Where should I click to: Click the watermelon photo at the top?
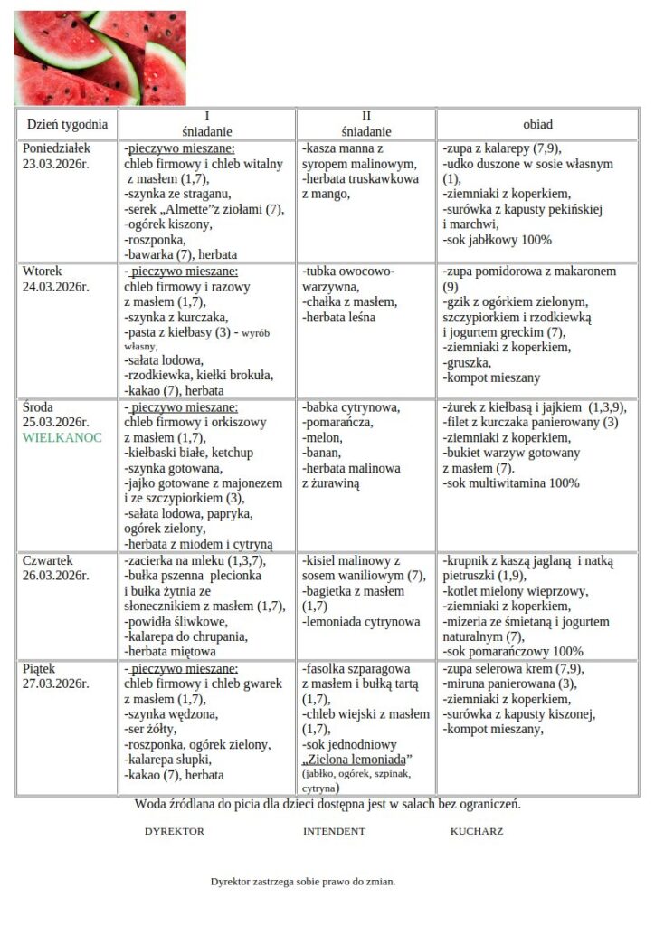[x=100, y=57]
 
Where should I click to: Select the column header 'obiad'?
[x=537, y=124]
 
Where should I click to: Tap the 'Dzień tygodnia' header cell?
[x=67, y=124]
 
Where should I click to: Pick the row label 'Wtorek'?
[x=43, y=272]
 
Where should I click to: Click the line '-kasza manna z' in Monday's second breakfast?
[x=344, y=148]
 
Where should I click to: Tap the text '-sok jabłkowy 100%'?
[x=497, y=240]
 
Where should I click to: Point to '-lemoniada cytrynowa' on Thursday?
[x=361, y=622]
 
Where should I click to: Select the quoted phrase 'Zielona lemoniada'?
[x=356, y=758]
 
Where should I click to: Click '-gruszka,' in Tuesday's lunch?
[x=468, y=363]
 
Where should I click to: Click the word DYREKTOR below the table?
[x=175, y=831]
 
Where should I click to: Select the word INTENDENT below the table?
[x=334, y=831]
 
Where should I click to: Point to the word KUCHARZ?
[x=477, y=831]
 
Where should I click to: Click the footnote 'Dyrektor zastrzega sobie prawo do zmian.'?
[x=303, y=881]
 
